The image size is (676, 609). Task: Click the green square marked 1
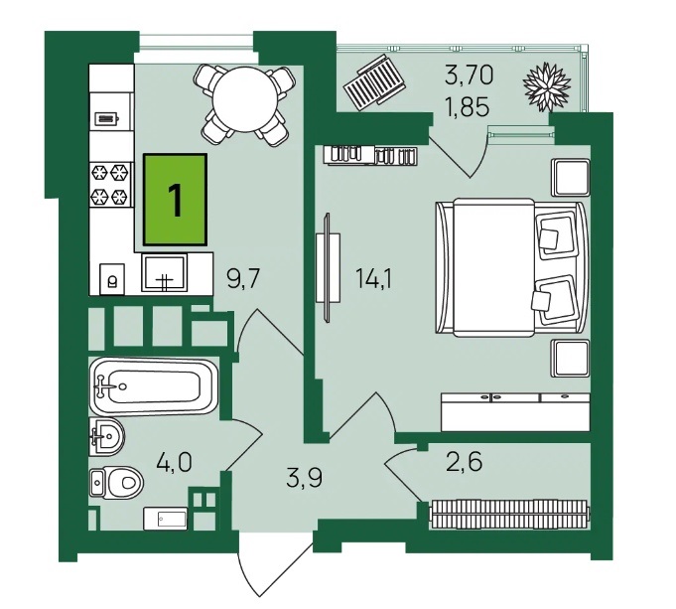tap(176, 200)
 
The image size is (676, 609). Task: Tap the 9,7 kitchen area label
tap(243, 278)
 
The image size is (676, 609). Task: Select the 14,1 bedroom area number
tap(374, 278)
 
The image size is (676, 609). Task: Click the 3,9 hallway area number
tap(305, 477)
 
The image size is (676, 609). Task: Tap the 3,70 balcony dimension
tap(469, 75)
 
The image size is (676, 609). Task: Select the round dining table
tap(245, 99)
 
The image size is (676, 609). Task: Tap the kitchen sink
tap(164, 272)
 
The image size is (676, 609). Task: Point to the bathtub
tap(154, 386)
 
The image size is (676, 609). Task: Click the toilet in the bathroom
tap(117, 483)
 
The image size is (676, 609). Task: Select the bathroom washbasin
tap(106, 436)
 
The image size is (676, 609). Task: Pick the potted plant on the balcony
tap(547, 87)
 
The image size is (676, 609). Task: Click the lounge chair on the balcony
tap(374, 82)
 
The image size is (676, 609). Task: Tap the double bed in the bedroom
tap(512, 267)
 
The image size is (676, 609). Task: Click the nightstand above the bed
tap(571, 178)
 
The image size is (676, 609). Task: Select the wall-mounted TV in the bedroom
tap(328, 267)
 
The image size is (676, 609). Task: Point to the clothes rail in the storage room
tap(509, 514)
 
